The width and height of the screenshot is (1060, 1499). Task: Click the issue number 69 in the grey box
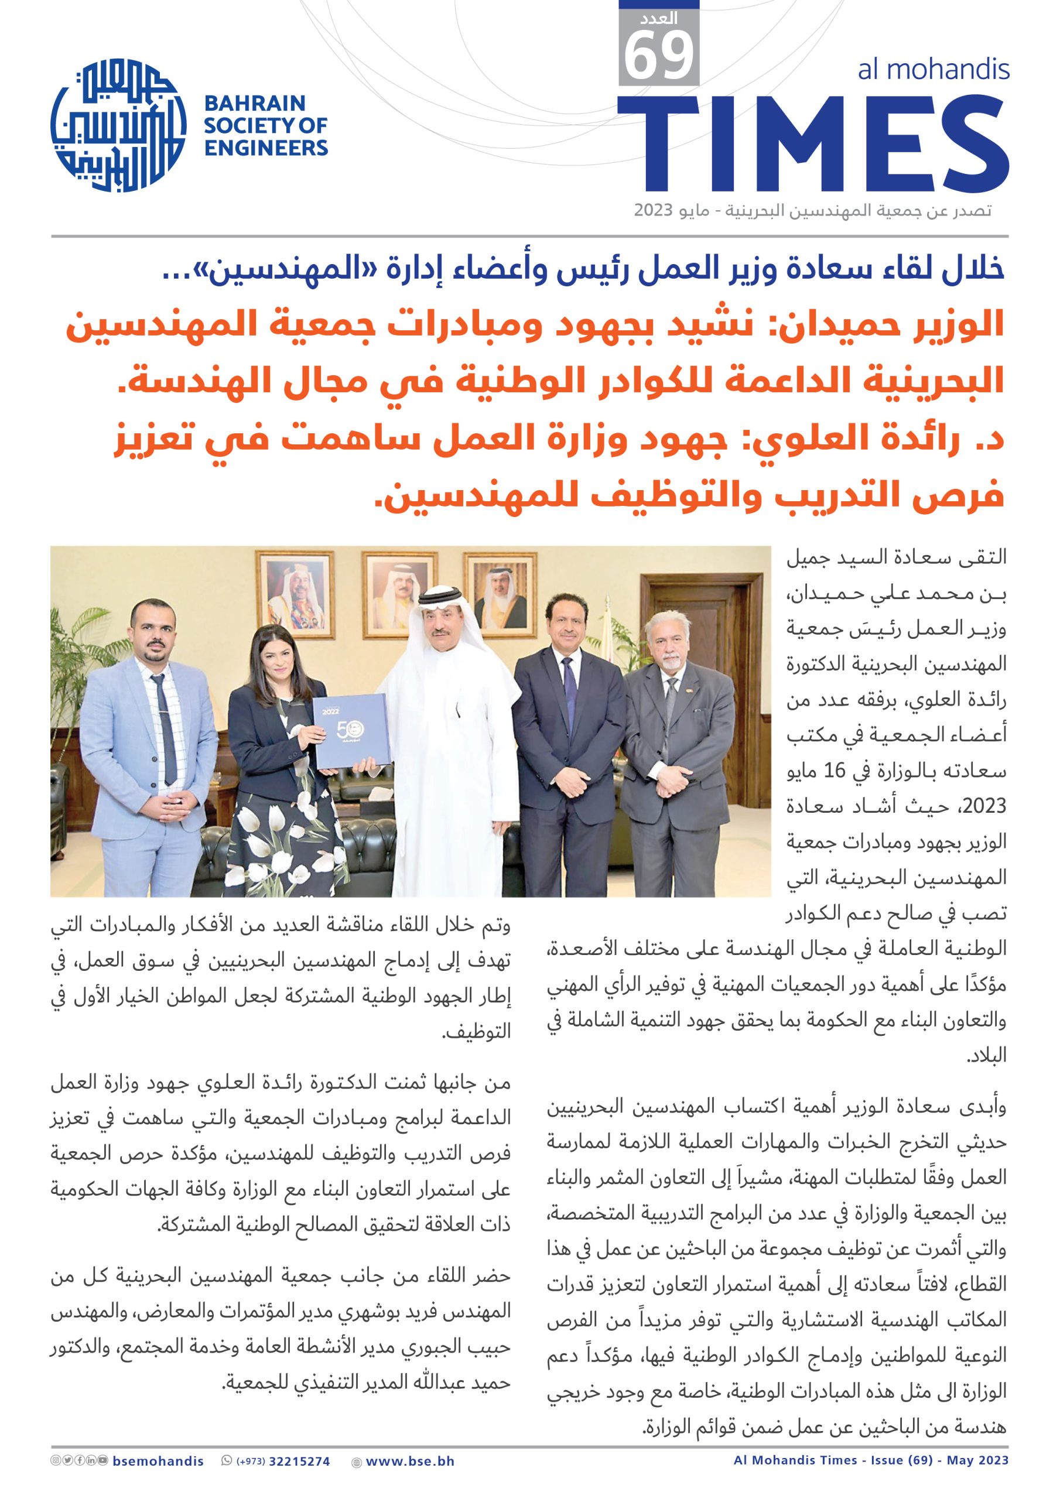click(658, 57)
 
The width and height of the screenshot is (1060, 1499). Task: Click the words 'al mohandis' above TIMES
click(934, 69)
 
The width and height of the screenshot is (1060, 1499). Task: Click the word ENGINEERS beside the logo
click(266, 148)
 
